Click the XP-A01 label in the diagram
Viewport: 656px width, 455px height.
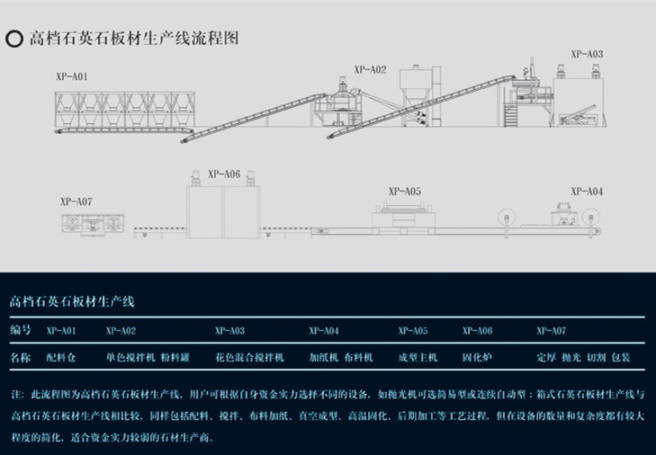pos(71,77)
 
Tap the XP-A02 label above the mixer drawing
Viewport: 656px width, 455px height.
pos(369,68)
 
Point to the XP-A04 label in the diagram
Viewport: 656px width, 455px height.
pos(586,191)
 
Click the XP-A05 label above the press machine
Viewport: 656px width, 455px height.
pos(404,191)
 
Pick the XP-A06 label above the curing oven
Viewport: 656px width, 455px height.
pos(223,174)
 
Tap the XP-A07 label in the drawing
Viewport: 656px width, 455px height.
pos(76,201)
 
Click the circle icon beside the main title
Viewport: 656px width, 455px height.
pos(14,39)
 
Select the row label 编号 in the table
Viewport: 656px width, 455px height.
pos(21,331)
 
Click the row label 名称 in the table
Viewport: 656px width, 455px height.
pos(21,357)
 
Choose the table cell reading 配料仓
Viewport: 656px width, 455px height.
pos(60,358)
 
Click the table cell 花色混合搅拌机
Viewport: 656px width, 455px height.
pos(248,358)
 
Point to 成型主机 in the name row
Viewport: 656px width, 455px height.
pos(418,358)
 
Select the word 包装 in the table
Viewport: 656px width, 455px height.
pos(620,358)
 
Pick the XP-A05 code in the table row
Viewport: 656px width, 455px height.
pos(413,331)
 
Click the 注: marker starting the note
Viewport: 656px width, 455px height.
pos(17,395)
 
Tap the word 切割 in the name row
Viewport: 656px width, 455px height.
pos(596,358)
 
